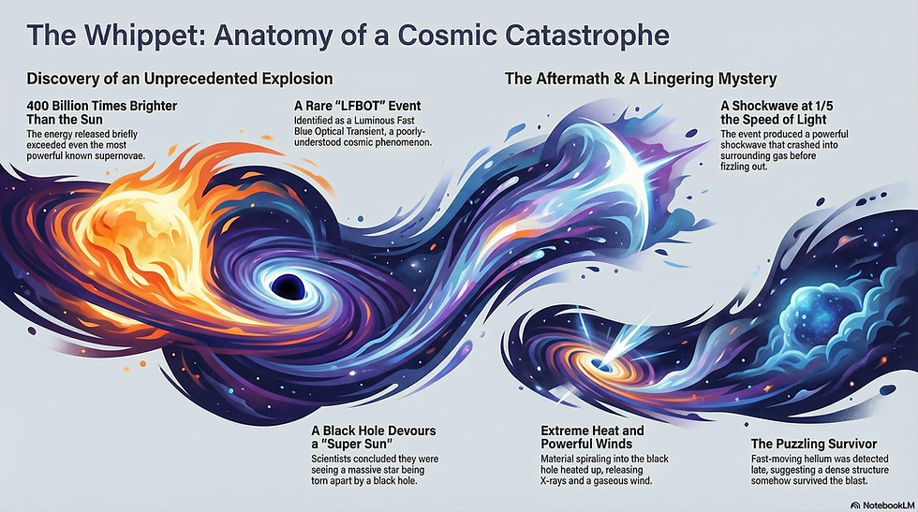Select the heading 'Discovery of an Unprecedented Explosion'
point(180,78)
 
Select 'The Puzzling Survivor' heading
point(814,443)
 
